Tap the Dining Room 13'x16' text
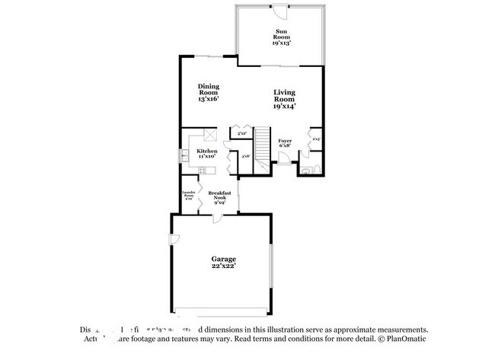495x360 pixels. point(208,92)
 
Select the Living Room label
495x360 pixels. point(284,99)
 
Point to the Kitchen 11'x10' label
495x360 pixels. point(207,154)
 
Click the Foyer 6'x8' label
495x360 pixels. point(285,144)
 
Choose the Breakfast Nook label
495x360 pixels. point(219,197)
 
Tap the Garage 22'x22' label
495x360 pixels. point(224,263)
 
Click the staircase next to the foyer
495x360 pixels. point(262,145)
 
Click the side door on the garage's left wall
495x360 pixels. point(175,241)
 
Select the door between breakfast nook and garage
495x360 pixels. point(219,217)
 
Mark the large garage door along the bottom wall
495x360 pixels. point(221,311)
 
